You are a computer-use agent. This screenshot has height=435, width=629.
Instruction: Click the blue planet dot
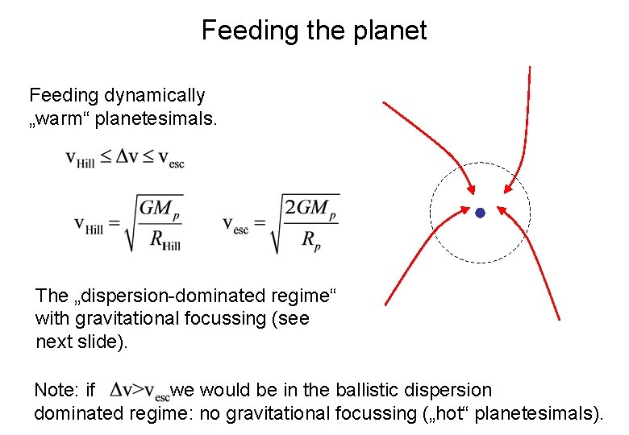click(x=480, y=213)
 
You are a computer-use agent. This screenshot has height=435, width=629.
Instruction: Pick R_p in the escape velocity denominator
click(x=310, y=239)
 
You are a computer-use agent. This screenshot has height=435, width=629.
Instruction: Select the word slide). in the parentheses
click(x=101, y=341)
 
